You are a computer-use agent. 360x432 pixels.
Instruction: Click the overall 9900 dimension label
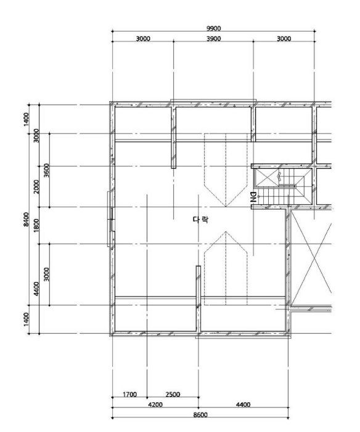(x=213, y=28)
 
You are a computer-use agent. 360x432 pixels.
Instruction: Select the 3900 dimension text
(x=213, y=38)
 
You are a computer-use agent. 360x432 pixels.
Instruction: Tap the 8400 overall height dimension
(x=26, y=219)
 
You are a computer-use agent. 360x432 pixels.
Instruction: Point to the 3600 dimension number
(x=46, y=170)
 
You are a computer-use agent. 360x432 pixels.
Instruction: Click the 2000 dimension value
(x=36, y=186)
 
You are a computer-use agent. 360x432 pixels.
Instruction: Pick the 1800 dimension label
(x=36, y=225)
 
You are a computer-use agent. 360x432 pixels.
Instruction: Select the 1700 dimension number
(x=129, y=394)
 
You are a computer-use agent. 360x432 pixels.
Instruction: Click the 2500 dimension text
(x=173, y=394)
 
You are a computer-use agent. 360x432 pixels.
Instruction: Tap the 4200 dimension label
(x=155, y=404)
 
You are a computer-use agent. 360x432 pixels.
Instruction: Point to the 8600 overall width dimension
(x=200, y=415)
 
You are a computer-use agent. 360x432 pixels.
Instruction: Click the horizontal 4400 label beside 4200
(x=243, y=404)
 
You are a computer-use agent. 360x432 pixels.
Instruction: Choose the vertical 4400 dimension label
(x=36, y=289)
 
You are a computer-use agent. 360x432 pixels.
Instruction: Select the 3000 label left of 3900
(x=143, y=38)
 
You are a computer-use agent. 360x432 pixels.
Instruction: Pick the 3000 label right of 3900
(x=284, y=38)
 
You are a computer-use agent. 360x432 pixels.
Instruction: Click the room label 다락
(x=200, y=220)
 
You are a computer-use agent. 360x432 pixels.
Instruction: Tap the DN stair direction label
(x=253, y=197)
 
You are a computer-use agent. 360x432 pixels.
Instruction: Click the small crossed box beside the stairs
(x=267, y=178)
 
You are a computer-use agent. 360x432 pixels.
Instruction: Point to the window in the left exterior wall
(x=111, y=219)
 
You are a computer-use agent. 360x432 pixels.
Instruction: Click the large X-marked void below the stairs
(x=311, y=258)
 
